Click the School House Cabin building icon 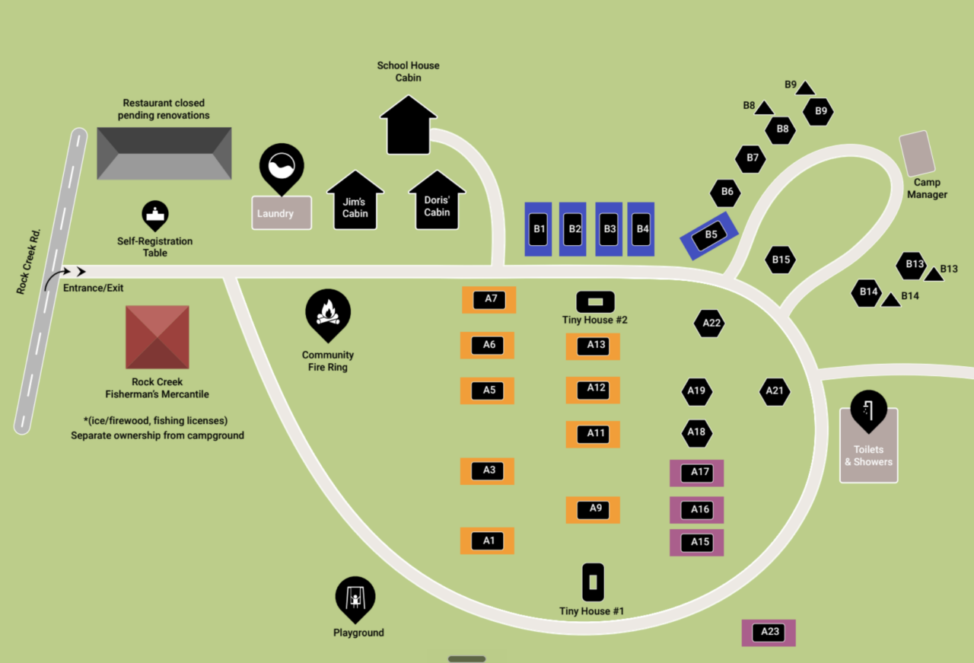pos(409,125)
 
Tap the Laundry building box pos(282,212)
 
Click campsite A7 pos(489,300)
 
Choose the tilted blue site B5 pos(709,235)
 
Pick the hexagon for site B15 pos(781,260)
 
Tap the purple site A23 pos(769,633)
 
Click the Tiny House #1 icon pos(593,582)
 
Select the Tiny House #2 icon pos(595,302)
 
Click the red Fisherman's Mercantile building pos(158,337)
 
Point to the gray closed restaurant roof pos(164,153)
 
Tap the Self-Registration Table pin pos(155,215)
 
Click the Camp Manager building pos(917,153)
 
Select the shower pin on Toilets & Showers pos(869,411)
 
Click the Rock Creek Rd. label pos(29,261)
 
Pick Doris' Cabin pos(437,200)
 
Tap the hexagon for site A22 pos(709,324)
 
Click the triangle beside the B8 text pos(764,107)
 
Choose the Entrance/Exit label pos(93,288)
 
